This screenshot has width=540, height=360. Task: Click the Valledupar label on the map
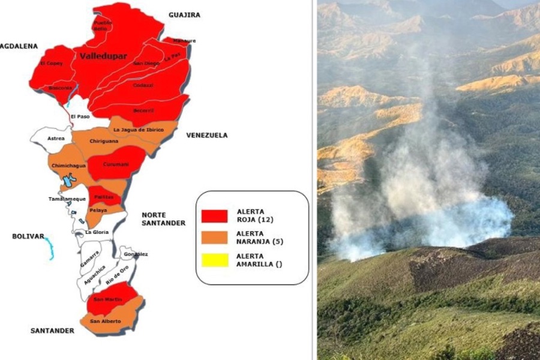tap(103, 56)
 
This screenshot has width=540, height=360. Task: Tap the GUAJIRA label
tap(184, 15)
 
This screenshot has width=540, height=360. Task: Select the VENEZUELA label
tap(206, 136)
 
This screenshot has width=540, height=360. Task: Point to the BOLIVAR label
tap(28, 236)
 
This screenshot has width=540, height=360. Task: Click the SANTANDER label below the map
tap(52, 331)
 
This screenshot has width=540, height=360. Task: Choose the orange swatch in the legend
tap(214, 238)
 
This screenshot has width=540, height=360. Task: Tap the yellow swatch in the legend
tap(214, 260)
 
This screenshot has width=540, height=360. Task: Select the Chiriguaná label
tap(104, 141)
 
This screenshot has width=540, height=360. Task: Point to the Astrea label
tap(56, 139)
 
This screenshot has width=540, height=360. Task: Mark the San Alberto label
tap(105, 322)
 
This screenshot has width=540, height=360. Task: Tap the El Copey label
tap(50, 63)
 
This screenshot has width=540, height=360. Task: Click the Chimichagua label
tap(68, 166)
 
